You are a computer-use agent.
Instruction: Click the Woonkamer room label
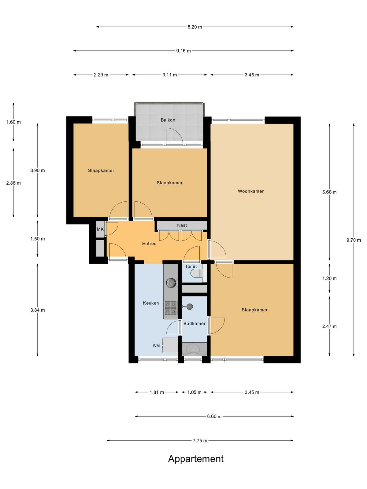coord(251,191)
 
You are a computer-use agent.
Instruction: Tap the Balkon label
coord(168,120)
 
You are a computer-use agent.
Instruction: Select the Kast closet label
coord(182,225)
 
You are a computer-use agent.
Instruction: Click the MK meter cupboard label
coord(100,229)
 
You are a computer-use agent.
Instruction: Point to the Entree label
coord(149,244)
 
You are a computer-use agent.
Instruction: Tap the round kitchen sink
coord(171,283)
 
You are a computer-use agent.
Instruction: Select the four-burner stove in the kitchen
coord(171,308)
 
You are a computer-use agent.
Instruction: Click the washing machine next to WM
coord(170,346)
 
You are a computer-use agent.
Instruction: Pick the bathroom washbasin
coord(192,350)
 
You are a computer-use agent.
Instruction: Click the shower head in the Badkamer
coord(190,307)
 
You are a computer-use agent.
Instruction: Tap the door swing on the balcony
coord(174,136)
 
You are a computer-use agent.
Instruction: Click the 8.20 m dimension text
coord(195,27)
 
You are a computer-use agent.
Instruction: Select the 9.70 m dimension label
coord(354,240)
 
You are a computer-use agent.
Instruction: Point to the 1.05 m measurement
coord(194,392)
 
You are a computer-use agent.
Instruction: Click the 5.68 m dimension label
coord(329,192)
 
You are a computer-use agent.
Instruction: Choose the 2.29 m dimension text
coord(101,75)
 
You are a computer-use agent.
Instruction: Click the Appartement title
coord(196,459)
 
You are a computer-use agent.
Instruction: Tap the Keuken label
coord(151,303)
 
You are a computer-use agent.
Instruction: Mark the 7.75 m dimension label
coord(200,440)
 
